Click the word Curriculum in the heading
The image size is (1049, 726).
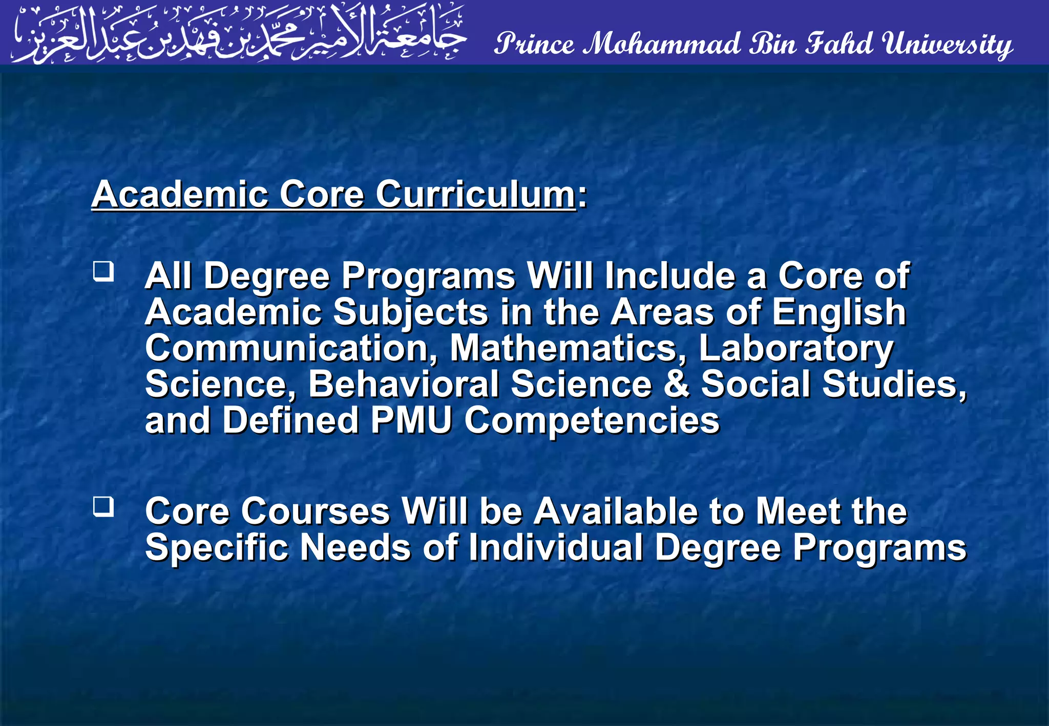[x=475, y=195]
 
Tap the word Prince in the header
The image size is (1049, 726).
[x=534, y=44]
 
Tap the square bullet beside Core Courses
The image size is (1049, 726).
[x=103, y=506]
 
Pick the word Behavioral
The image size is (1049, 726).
[x=403, y=384]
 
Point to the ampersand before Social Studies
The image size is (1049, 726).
[x=676, y=384]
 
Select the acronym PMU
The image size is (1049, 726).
[x=411, y=420]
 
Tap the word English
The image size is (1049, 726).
[x=839, y=313]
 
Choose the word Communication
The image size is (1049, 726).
[x=291, y=348]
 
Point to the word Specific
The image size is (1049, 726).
[x=217, y=548]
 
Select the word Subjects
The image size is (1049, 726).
[x=411, y=313]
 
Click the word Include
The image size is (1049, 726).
[x=669, y=276]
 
